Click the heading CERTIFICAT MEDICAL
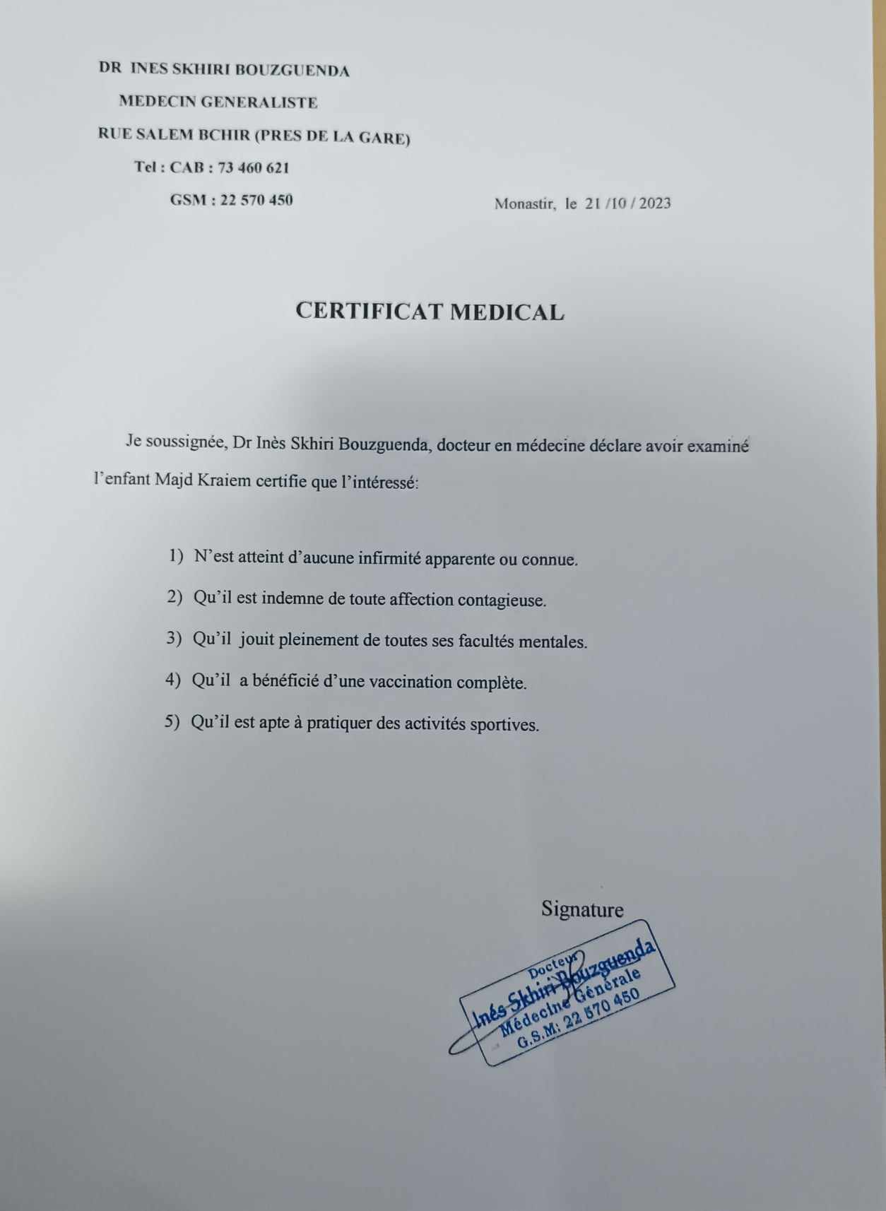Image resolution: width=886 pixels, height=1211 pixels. (x=430, y=312)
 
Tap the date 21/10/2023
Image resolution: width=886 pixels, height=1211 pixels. (x=627, y=203)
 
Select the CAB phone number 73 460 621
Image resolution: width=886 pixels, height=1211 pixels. (x=254, y=168)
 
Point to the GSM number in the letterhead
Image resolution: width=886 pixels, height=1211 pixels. (x=256, y=200)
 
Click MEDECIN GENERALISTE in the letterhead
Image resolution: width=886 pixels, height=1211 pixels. (x=218, y=102)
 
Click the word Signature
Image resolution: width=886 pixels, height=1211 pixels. (x=582, y=909)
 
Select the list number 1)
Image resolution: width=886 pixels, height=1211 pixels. (x=176, y=557)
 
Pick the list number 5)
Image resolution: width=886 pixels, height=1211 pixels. (x=173, y=723)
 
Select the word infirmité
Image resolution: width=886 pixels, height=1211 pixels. (x=390, y=559)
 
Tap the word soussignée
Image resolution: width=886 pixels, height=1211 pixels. (x=184, y=442)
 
